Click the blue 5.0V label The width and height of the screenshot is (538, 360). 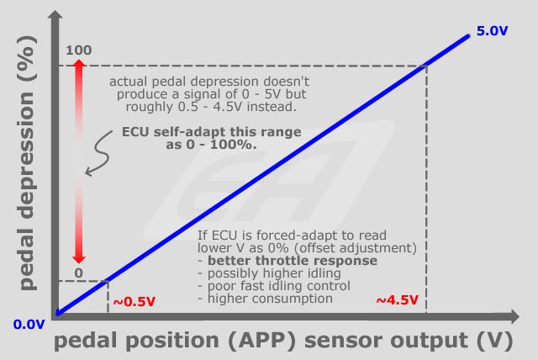pyautogui.click(x=492, y=31)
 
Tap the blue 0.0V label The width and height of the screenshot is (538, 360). pyautogui.click(x=29, y=325)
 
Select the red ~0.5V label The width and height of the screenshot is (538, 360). pyautogui.click(x=134, y=302)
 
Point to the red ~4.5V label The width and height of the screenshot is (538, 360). pyautogui.click(x=398, y=300)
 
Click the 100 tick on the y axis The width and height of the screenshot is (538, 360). pyautogui.click(x=78, y=50)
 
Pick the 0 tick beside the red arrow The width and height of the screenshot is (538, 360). pyautogui.click(x=78, y=273)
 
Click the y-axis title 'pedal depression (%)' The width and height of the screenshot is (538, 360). pyautogui.click(x=28, y=162)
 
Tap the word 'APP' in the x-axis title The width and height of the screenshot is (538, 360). pyautogui.click(x=261, y=341)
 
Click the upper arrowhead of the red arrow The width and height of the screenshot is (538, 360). pyautogui.click(x=79, y=63)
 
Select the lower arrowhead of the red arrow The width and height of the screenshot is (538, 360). pyautogui.click(x=79, y=259)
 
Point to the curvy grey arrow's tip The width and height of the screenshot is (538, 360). pyautogui.click(x=86, y=174)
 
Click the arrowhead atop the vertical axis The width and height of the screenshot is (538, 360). pyautogui.click(x=55, y=14)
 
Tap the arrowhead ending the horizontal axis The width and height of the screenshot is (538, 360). pyautogui.click(x=514, y=316)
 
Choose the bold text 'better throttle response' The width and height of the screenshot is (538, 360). pyautogui.click(x=293, y=261)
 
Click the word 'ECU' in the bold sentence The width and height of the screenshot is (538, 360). pyautogui.click(x=136, y=132)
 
